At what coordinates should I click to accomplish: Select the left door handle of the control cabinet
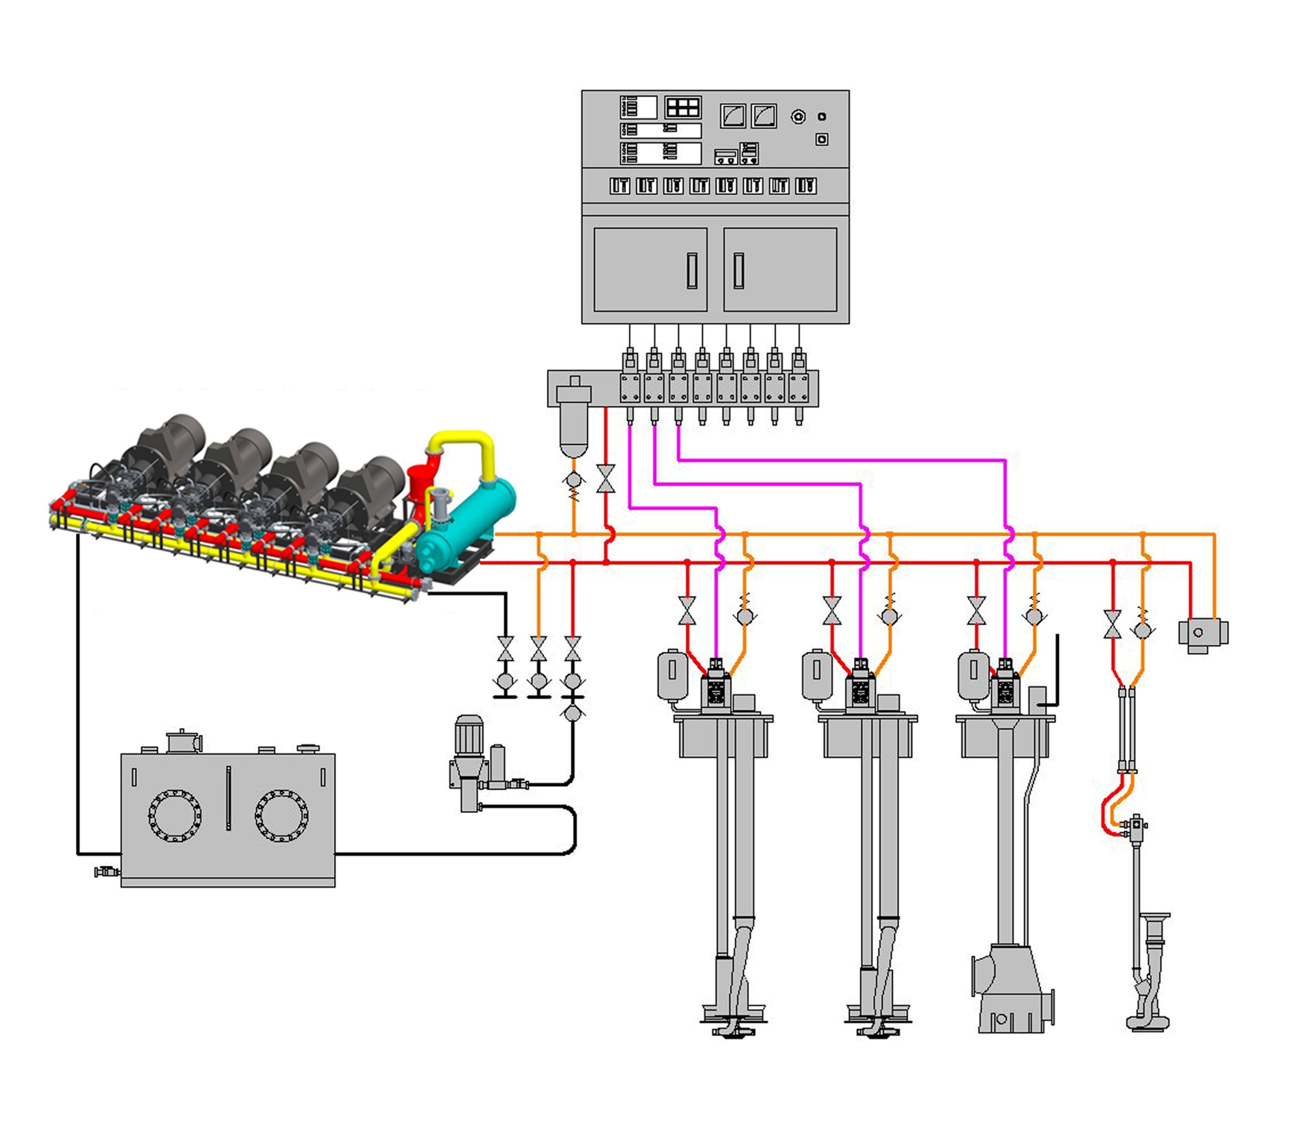[692, 271]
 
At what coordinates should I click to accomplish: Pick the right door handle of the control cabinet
[738, 271]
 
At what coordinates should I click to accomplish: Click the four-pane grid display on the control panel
[682, 108]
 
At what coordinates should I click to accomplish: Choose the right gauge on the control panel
[763, 116]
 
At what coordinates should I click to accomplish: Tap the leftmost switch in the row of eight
[620, 186]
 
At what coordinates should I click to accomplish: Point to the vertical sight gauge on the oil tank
[228, 798]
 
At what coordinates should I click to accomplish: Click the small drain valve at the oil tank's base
[106, 872]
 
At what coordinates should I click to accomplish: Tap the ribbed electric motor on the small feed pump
[469, 736]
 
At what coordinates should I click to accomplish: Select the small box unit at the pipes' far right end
[1203, 633]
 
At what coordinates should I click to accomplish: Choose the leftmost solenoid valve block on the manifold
[630, 387]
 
